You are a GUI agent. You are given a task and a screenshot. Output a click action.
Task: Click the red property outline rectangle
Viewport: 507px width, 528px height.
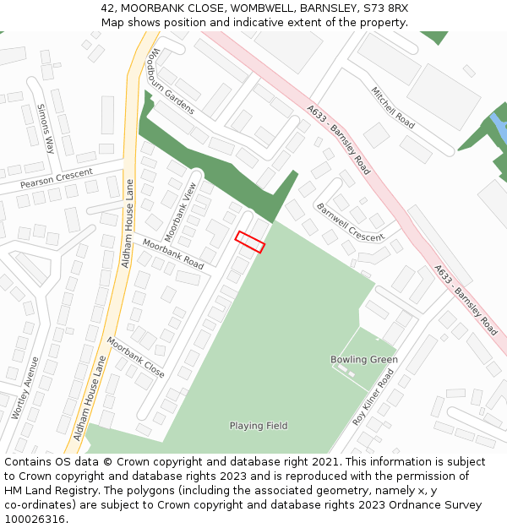coord(250,242)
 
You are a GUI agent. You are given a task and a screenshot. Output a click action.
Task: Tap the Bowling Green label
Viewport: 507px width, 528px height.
coord(363,360)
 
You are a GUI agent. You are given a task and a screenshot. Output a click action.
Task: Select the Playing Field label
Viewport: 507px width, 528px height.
coord(259,426)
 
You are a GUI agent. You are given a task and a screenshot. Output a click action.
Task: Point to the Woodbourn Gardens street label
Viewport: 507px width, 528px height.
coord(172,81)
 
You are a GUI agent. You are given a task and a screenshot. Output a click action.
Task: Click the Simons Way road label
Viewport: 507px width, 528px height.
coord(45,128)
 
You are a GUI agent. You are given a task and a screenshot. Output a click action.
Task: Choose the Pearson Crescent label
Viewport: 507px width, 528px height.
coord(57,177)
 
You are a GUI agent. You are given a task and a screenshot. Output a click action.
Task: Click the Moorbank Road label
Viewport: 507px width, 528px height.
coord(173,253)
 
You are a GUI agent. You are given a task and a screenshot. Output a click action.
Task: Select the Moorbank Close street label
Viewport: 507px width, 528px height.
coord(135,357)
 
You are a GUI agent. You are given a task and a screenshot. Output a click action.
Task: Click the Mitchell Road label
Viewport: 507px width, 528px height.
coord(393,107)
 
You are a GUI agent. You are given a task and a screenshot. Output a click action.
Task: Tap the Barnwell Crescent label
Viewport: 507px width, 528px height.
coord(349,221)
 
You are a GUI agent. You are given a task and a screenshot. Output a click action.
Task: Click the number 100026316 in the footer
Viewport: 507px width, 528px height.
coord(36,520)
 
